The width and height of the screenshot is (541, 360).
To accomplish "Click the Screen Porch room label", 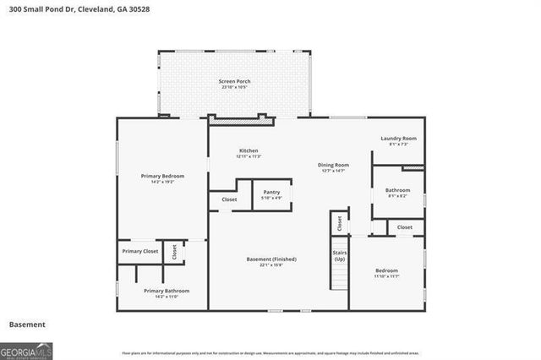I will pyautogui.click(x=236, y=81).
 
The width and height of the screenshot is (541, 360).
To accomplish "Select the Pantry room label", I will pyautogui.click(x=271, y=192).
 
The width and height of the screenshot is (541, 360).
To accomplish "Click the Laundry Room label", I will pyautogui.click(x=397, y=138).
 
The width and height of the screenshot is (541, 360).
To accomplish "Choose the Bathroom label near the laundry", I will pyautogui.click(x=397, y=190).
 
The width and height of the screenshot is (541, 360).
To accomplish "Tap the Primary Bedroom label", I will pyautogui.click(x=162, y=176).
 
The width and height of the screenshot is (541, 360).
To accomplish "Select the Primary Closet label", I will pyautogui.click(x=140, y=251).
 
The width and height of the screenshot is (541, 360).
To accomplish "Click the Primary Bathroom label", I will pyautogui.click(x=161, y=291).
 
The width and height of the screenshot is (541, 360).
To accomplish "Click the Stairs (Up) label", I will pyautogui.click(x=339, y=254).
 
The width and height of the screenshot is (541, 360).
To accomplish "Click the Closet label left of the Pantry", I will pyautogui.click(x=230, y=199).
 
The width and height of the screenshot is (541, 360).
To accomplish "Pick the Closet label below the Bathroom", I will pyautogui.click(x=405, y=226).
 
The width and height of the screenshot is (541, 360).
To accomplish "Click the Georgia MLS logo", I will pyautogui.click(x=26, y=349).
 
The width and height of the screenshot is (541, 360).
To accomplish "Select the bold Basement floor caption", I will pyautogui.click(x=27, y=325).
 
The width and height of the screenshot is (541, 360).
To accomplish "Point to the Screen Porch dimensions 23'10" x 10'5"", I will pyautogui.click(x=236, y=87).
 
